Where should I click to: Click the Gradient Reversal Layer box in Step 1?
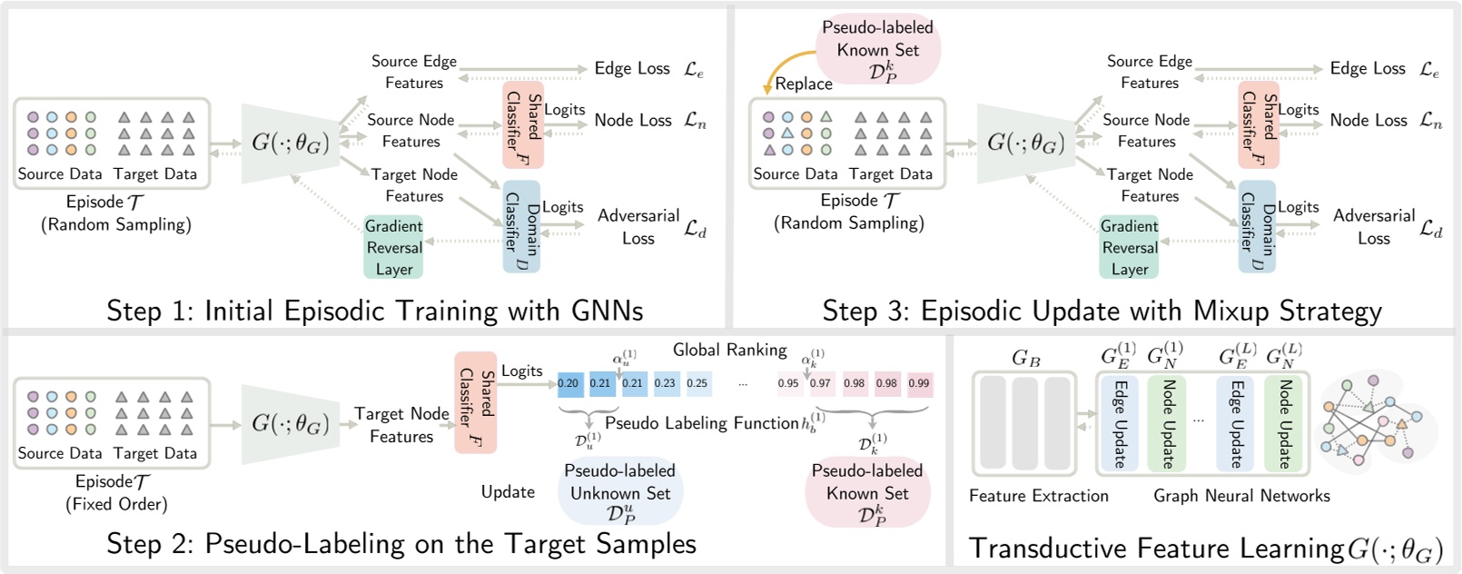tap(393, 247)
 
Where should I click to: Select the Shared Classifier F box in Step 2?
tap(475, 402)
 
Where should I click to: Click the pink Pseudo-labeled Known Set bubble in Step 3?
tap(877, 50)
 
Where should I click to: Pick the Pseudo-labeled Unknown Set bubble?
tap(620, 491)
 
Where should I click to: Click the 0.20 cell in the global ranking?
tap(568, 383)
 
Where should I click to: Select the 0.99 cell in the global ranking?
tap(919, 383)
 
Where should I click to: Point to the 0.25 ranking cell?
tap(697, 383)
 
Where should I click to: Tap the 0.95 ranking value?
tap(788, 383)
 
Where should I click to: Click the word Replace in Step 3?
tap(804, 84)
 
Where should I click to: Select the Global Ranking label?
tap(729, 350)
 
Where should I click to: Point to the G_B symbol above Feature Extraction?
tap(1025, 359)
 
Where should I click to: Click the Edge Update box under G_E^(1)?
tap(1119, 423)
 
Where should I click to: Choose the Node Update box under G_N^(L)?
tap(1283, 423)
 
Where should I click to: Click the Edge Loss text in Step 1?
tap(632, 68)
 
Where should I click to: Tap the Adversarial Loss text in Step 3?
tap(1373, 227)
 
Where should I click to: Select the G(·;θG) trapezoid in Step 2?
tap(290, 423)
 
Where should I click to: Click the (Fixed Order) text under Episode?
tap(116, 504)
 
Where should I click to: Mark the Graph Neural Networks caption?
tap(1241, 496)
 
